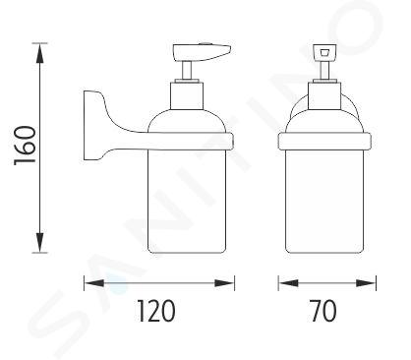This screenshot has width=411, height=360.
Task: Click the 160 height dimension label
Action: (x=25, y=146)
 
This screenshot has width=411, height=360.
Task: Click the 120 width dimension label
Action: (x=156, y=311)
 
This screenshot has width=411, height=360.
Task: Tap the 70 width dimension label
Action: (x=323, y=311)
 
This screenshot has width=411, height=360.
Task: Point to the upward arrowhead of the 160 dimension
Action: (x=39, y=53)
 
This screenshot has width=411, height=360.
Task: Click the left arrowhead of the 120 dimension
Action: (x=94, y=283)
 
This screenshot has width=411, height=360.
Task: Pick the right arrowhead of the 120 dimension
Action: (x=224, y=283)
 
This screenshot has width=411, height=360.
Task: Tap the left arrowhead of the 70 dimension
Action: (x=288, y=283)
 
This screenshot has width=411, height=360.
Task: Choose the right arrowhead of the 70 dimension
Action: (x=366, y=283)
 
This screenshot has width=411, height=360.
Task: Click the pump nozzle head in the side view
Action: (x=202, y=52)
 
